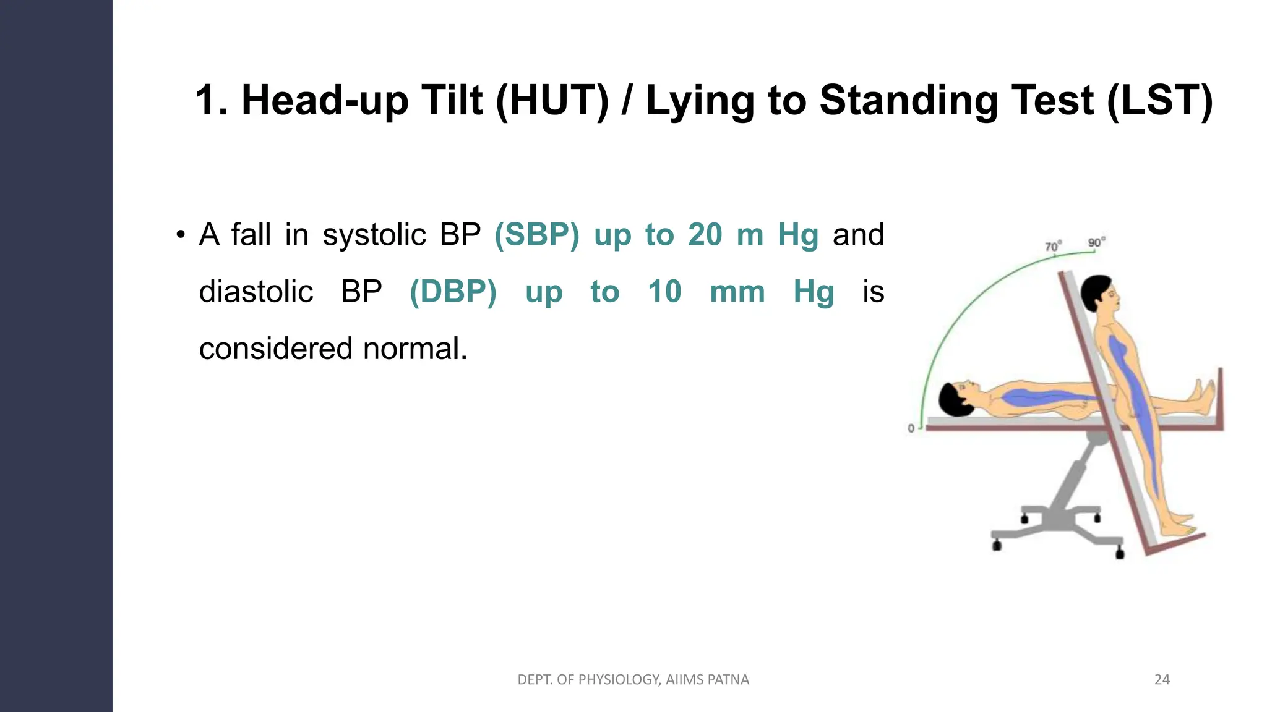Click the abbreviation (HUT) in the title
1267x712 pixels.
(x=552, y=100)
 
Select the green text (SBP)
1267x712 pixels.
(x=537, y=235)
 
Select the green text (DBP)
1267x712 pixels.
(x=453, y=292)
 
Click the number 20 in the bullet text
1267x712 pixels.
(x=705, y=235)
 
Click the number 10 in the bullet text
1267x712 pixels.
(x=664, y=292)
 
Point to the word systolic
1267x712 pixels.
(x=374, y=235)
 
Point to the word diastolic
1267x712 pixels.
(x=256, y=292)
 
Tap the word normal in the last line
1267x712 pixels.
(x=414, y=349)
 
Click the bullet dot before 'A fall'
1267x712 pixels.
(x=180, y=235)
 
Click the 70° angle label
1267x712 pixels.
(x=1053, y=247)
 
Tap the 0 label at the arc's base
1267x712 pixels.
(x=911, y=428)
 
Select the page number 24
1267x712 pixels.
(x=1162, y=680)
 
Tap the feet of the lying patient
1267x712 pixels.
(x=1203, y=396)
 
